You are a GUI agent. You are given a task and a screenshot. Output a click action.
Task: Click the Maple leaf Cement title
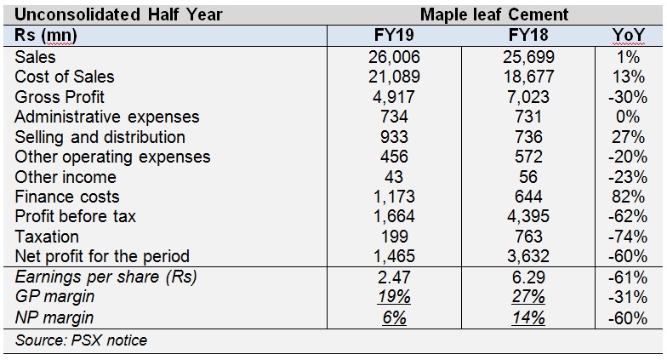[494, 14]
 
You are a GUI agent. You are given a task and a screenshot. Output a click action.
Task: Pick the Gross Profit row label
[60, 97]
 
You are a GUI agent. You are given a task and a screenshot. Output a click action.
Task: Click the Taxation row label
[47, 237]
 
